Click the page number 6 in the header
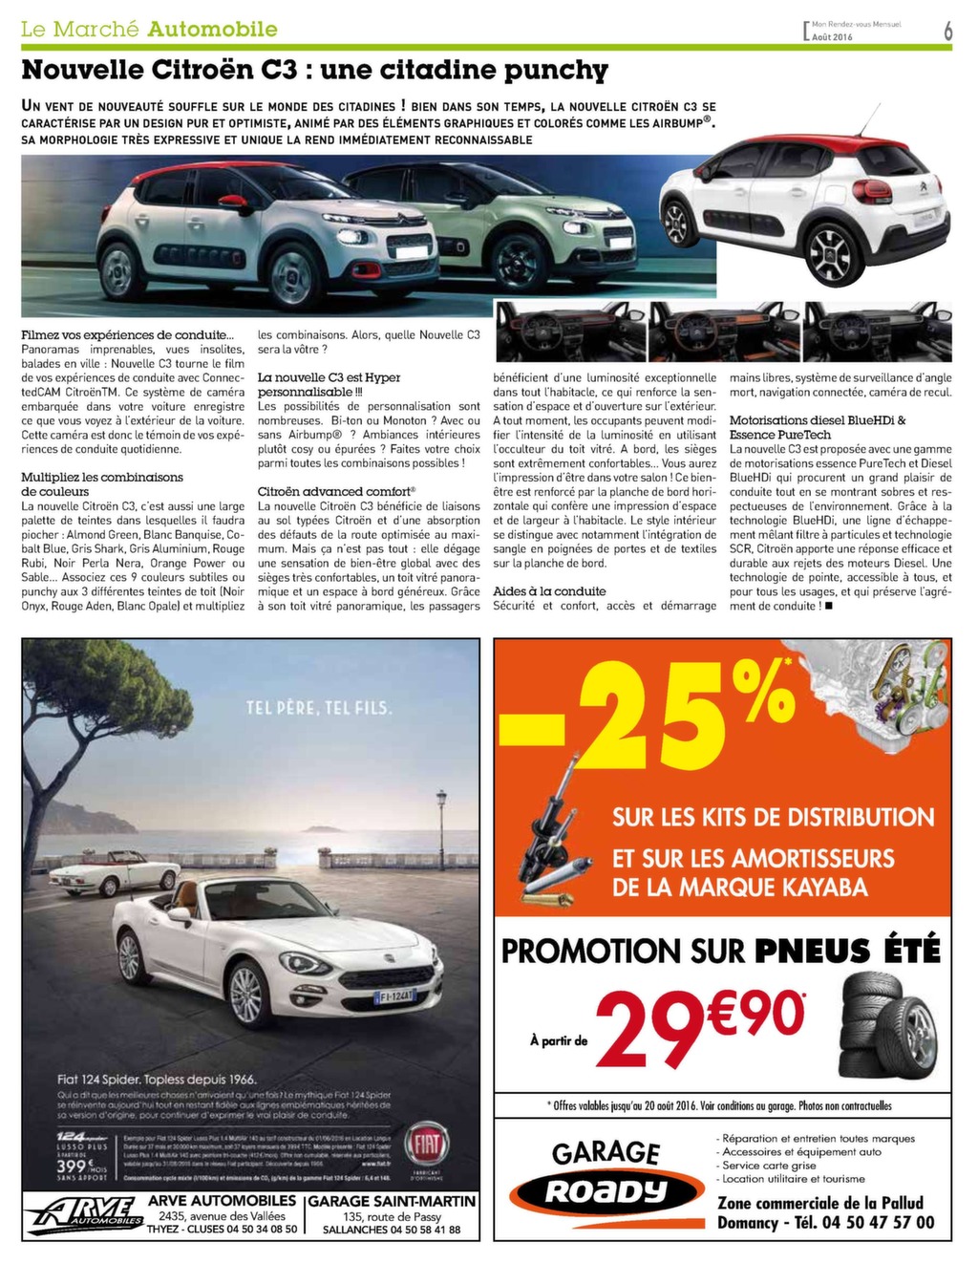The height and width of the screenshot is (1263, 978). (947, 31)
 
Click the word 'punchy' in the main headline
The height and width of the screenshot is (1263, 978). (559, 71)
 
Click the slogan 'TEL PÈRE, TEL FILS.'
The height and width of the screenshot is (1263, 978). (318, 708)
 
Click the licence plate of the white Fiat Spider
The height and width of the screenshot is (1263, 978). (394, 997)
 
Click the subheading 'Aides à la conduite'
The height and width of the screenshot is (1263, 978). (549, 591)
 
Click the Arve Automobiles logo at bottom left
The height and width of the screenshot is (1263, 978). (83, 1214)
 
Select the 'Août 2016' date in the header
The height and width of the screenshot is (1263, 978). (832, 36)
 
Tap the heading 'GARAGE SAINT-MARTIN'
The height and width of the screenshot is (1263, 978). (392, 1201)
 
